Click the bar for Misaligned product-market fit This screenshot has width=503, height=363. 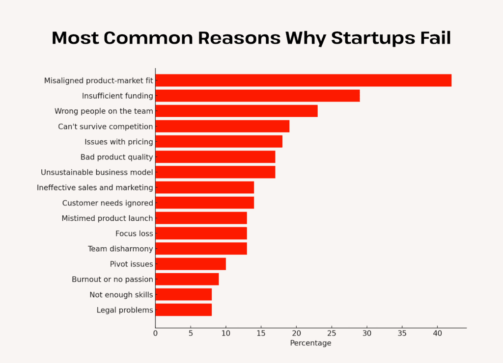click(303, 80)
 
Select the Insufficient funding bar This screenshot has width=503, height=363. click(257, 96)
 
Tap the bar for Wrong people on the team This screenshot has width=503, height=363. click(236, 111)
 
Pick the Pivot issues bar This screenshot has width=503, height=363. click(191, 264)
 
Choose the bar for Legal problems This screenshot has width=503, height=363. click(183, 310)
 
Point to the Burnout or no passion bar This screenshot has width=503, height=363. click(187, 279)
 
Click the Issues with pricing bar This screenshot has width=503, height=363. click(219, 142)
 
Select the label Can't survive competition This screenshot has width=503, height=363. click(105, 127)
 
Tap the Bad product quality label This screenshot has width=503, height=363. click(116, 157)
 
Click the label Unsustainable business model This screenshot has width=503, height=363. click(97, 172)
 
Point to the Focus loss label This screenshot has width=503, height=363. click(134, 233)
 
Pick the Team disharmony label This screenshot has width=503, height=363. click(120, 249)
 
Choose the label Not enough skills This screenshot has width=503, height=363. click(121, 295)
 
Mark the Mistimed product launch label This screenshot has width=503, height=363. click(107, 218)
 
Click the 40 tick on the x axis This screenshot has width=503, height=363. click(437, 334)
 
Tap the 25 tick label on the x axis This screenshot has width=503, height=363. click(332, 334)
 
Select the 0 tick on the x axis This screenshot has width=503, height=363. click(155, 334)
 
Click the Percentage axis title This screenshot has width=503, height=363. click(310, 343)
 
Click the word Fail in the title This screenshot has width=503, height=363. click(433, 38)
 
